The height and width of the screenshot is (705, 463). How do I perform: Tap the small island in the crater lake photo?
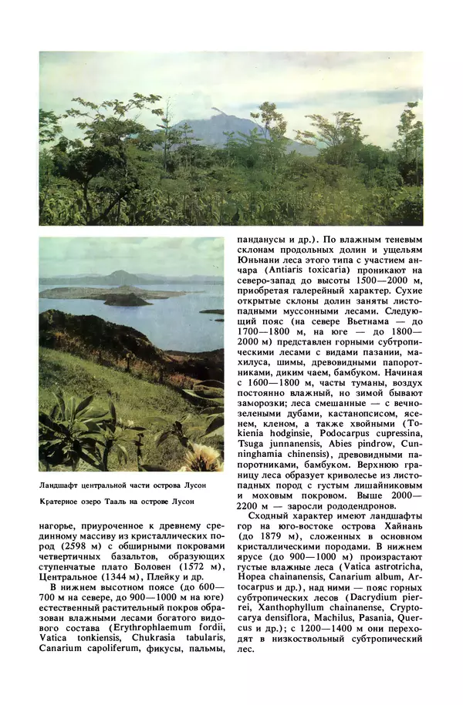click(x=127, y=299)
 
